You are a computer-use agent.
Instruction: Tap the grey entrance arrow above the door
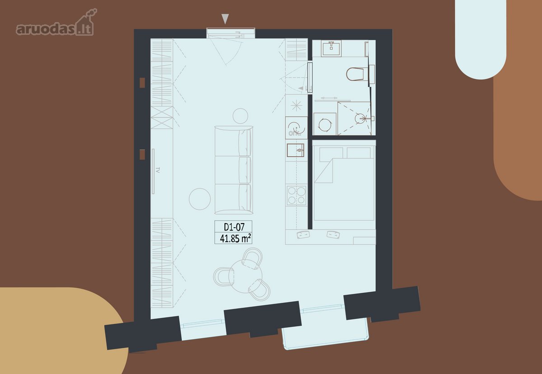coord(225,19)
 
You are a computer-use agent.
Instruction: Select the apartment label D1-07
coord(234,227)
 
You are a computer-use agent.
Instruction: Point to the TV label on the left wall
coord(158,170)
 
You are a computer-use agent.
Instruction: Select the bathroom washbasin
coord(331,48)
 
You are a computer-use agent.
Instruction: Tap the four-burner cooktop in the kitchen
coord(296,196)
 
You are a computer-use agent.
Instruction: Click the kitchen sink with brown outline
coord(295,150)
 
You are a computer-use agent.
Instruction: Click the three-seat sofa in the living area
coord(234,170)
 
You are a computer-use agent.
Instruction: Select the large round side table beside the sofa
coord(200,199)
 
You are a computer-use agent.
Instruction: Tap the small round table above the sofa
coord(240,116)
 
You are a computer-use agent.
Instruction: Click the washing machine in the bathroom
coord(325,124)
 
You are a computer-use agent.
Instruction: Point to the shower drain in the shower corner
coord(360,118)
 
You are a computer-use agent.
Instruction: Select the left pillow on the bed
coord(331,154)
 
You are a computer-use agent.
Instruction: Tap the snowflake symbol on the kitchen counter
coord(296,106)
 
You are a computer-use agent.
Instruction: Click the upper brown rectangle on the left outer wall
coord(142,83)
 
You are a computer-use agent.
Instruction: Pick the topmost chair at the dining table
coord(252,258)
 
